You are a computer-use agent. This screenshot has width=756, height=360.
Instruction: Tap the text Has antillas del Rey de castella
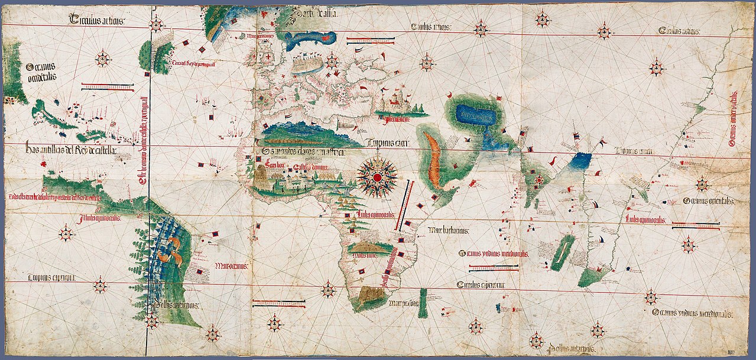pyautogui.click(x=70, y=151)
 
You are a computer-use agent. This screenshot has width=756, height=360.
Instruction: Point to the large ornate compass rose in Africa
pyautogui.click(x=377, y=176)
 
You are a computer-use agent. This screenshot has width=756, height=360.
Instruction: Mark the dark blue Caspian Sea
pyautogui.click(x=476, y=116)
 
